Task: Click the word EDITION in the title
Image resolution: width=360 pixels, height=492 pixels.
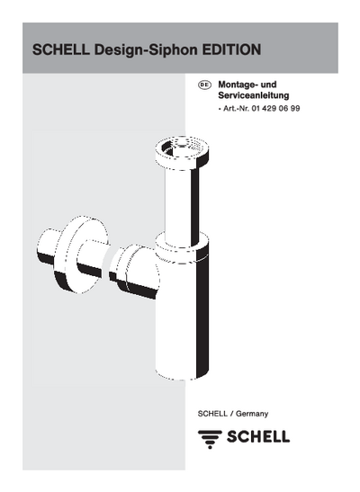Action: (231, 49)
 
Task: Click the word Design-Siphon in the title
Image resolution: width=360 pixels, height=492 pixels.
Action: (147, 50)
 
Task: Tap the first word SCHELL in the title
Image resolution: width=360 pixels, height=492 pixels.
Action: (61, 49)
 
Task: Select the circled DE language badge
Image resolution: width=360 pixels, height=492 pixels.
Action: (204, 85)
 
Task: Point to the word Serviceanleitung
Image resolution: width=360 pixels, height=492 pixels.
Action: (254, 95)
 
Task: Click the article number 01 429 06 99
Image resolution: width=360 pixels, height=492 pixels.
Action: (275, 109)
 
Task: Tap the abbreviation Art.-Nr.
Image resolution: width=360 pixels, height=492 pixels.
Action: (236, 109)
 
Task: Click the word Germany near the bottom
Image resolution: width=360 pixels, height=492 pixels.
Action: (252, 414)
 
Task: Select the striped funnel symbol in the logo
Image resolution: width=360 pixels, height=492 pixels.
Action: (210, 439)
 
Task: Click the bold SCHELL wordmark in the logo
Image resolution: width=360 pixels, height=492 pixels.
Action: (258, 436)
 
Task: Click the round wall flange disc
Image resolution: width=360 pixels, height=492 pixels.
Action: (82, 255)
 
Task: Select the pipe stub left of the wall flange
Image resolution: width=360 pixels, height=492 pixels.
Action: (48, 247)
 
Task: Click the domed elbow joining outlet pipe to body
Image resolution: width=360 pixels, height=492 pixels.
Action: (134, 272)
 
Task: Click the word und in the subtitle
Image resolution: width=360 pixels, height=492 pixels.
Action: (269, 85)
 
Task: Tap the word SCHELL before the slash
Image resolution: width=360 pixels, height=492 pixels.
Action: (212, 414)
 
